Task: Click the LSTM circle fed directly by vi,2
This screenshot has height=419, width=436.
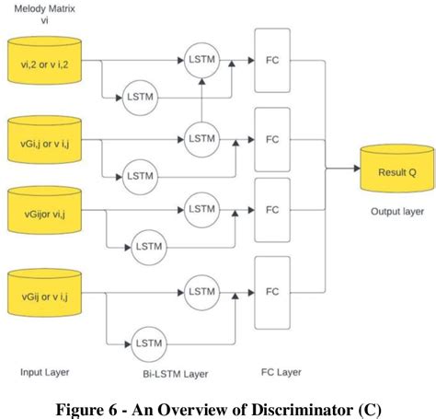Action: pyautogui.click(x=200, y=59)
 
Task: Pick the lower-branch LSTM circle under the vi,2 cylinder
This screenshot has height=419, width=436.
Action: pyautogui.click(x=139, y=97)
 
